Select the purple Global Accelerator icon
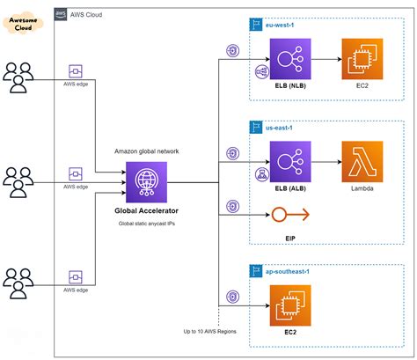pos(146,183)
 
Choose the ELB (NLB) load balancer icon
pos(291,61)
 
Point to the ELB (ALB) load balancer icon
pos(291,163)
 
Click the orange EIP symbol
pos(290,213)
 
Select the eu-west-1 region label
pos(284,26)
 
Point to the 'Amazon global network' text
pos(146,151)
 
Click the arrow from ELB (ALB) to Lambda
pos(327,163)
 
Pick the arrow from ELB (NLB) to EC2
pos(327,61)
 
